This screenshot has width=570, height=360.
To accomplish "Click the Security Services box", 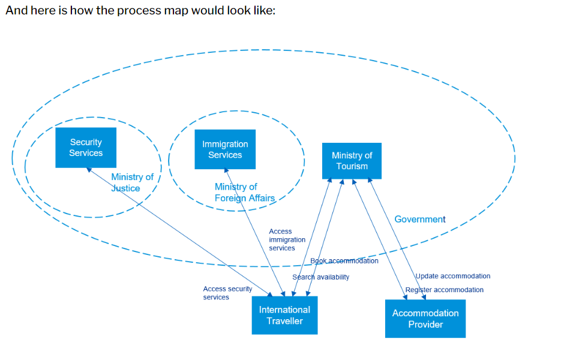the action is [x=86, y=147].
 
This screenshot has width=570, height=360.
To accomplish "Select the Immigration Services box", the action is [x=225, y=149].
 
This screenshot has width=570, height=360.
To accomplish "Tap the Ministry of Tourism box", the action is [x=352, y=161].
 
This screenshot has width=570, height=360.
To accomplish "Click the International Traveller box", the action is [x=284, y=315].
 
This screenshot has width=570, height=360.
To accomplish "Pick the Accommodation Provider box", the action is [x=425, y=319].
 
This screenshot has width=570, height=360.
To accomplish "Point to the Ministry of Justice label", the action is [x=133, y=182].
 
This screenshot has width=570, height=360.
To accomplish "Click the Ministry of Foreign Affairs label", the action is [x=245, y=193].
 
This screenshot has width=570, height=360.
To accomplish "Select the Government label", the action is [x=420, y=219].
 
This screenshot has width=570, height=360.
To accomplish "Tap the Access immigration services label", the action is [x=287, y=239].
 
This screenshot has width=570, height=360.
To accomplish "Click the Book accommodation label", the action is [x=344, y=261].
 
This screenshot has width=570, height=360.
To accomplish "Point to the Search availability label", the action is [x=320, y=277].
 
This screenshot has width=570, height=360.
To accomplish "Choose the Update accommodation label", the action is [x=453, y=276].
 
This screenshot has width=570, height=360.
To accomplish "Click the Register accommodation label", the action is [x=444, y=290].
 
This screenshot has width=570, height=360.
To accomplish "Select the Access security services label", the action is [x=227, y=293].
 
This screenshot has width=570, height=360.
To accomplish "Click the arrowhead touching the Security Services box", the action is [x=89, y=170].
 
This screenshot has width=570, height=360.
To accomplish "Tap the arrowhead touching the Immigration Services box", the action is [x=226, y=170].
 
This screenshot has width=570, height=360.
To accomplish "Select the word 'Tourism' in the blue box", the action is [x=352, y=166].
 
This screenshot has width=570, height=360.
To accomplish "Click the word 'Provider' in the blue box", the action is [x=425, y=325].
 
